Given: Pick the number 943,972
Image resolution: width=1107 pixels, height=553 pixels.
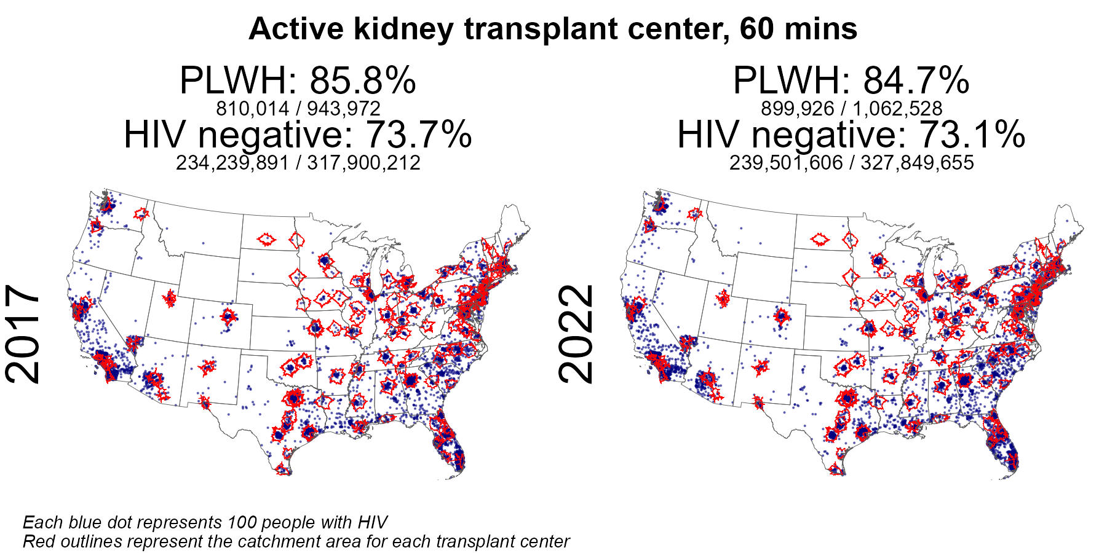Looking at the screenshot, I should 344,109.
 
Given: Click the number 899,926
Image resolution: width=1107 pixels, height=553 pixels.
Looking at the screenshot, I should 798,109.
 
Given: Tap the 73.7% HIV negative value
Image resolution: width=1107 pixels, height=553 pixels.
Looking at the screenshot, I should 418,135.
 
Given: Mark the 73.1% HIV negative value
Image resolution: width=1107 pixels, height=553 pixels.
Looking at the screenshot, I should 972,135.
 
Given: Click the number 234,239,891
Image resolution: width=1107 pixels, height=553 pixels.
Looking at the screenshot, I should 232,163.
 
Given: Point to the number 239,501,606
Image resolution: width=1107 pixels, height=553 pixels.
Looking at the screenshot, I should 786,163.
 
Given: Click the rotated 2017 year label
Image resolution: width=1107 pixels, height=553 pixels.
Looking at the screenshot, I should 23,334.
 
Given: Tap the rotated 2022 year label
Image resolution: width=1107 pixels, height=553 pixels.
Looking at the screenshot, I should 576,334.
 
